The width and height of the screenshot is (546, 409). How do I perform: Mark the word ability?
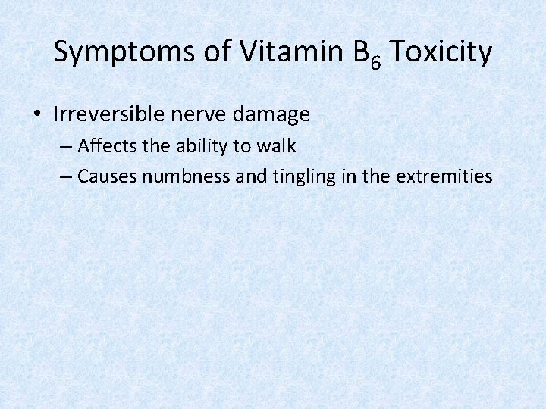(x=193, y=145)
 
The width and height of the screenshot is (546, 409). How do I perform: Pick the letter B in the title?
(x=359, y=52)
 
